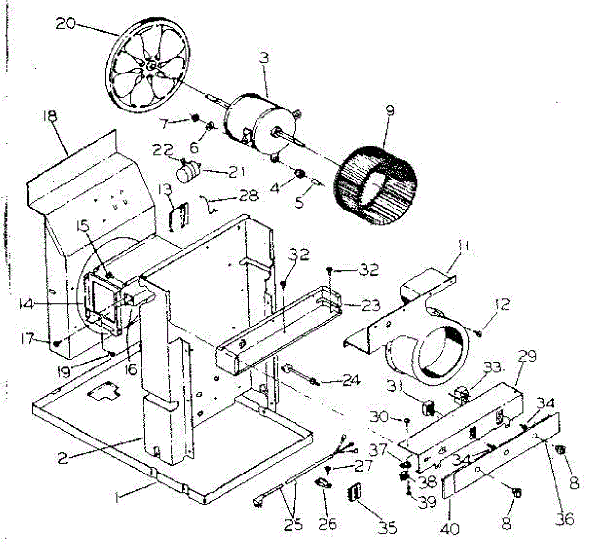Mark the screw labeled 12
pos(479,333)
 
